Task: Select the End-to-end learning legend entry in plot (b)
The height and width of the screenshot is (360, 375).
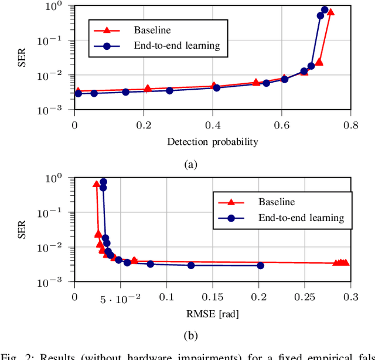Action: [x=301, y=218]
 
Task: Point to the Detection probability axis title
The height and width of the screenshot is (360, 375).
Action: [x=212, y=141]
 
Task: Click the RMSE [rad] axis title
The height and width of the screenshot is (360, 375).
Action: [x=212, y=314]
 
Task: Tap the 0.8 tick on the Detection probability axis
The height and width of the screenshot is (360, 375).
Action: [x=350, y=124]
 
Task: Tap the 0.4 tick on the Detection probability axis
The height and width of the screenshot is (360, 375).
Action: [x=212, y=124]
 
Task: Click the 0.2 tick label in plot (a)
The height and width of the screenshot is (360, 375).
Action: [x=144, y=124]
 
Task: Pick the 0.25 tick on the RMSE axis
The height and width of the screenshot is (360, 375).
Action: [x=304, y=297]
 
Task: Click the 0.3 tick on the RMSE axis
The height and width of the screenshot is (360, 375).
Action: [x=350, y=297]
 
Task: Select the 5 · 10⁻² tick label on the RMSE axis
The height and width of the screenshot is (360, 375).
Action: [x=120, y=299]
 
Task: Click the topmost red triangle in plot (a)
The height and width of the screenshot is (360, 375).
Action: [x=330, y=12]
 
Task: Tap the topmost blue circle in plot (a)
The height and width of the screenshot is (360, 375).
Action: [x=325, y=9]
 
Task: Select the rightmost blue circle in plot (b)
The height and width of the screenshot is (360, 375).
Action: [x=260, y=266]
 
